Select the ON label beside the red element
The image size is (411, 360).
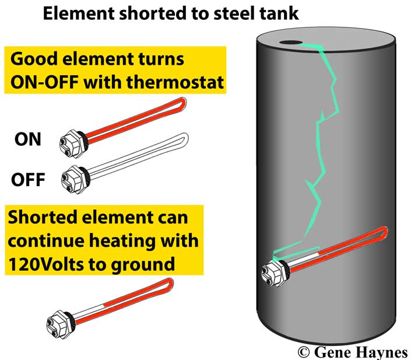pos(28,139)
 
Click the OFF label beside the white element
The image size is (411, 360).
pos(28,179)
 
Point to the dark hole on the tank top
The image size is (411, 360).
pos(290,43)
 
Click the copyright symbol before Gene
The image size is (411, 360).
pos(303,352)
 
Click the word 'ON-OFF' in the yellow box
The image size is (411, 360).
pos(44,82)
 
